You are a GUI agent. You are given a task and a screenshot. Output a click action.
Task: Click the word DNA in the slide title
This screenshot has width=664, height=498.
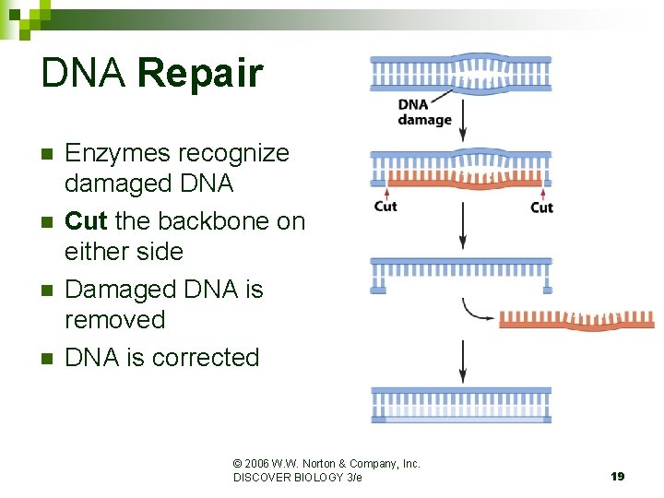[84, 74]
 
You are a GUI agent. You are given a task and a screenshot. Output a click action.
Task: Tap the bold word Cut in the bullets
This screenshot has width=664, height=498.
[86, 221]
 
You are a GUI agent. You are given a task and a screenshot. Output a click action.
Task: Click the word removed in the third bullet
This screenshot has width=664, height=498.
[114, 320]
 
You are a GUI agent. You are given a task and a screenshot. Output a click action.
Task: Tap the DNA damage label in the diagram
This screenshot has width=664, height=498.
[424, 113]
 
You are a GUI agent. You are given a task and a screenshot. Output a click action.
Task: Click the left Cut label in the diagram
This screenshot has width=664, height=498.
[385, 207]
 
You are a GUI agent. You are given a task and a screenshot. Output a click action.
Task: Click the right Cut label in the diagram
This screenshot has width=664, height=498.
[541, 207]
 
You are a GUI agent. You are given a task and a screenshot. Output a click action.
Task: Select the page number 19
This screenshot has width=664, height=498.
[617, 476]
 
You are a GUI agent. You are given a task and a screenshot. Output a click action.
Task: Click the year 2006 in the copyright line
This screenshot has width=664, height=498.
[259, 464]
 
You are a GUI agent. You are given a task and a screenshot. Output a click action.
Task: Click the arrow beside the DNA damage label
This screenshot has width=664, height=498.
[463, 115]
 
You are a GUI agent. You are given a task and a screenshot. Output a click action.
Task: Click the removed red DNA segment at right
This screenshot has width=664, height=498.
[576, 320]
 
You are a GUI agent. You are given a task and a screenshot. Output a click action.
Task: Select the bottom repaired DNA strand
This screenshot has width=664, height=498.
[461, 405]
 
